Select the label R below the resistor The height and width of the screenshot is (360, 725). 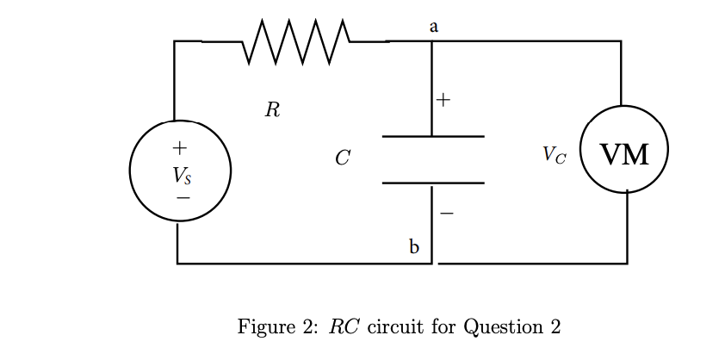[x=272, y=110]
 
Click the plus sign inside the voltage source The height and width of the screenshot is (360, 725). [x=179, y=146]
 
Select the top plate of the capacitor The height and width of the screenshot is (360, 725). [x=432, y=136]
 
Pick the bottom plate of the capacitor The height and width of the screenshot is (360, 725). [x=432, y=183]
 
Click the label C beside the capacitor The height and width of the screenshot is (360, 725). [x=342, y=158]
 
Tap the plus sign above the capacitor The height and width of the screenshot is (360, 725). [x=443, y=100]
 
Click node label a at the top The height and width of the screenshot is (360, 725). [x=434, y=27]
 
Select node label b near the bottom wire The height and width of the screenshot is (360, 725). [x=414, y=248]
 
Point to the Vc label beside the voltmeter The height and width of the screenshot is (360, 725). [x=555, y=155]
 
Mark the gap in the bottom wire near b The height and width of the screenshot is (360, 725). [x=434, y=264]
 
